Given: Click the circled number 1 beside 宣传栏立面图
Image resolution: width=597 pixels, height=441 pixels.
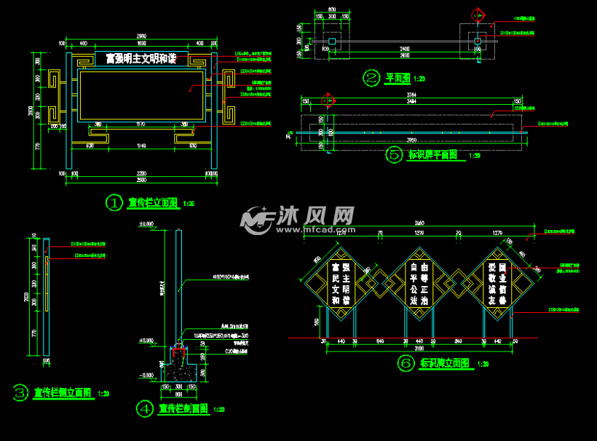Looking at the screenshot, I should (x=114, y=203).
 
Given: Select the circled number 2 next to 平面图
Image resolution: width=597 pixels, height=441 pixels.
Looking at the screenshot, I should (x=371, y=78).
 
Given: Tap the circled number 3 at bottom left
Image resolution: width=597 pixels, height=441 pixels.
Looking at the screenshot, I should (x=20, y=394).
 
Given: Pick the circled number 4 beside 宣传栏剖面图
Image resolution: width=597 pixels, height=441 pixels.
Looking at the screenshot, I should (x=146, y=409).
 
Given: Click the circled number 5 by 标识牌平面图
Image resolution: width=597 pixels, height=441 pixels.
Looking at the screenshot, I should (x=394, y=154).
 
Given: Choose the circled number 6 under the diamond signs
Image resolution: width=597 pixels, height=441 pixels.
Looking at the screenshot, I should (x=405, y=362).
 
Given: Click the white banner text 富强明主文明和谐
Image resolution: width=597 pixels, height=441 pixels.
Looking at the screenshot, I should (x=141, y=58).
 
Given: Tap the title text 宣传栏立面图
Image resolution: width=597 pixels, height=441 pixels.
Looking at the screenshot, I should (x=153, y=203).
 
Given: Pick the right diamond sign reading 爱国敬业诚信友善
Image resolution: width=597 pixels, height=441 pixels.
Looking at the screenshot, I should (x=497, y=284).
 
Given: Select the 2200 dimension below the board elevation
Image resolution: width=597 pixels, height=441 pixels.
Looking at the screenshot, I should (x=141, y=172).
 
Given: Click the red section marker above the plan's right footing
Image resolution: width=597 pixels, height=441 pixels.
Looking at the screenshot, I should (x=478, y=15).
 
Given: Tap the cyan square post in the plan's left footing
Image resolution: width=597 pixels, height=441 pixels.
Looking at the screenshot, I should (x=332, y=41).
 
